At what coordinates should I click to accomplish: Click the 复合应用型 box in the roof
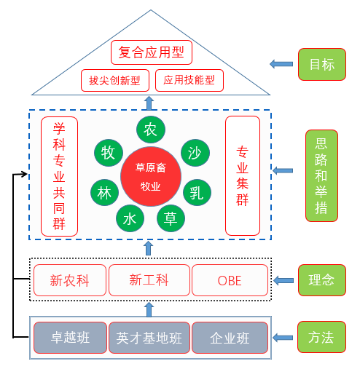(152, 52)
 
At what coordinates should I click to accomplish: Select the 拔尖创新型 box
(115, 81)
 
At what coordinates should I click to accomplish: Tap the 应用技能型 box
(189, 80)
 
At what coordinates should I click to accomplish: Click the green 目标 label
(322, 64)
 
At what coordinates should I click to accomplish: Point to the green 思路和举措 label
(321, 175)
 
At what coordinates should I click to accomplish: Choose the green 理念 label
(322, 280)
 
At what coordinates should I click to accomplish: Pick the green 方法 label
(321, 337)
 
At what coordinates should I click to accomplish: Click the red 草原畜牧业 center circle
(151, 177)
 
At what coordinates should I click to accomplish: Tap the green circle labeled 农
(151, 129)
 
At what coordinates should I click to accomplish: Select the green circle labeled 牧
(109, 153)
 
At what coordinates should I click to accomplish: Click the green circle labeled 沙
(195, 153)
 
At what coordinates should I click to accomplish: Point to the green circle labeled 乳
(197, 192)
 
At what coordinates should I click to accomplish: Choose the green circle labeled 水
(130, 218)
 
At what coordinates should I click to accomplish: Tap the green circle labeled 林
(104, 192)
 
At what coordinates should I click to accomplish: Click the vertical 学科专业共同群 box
(59, 176)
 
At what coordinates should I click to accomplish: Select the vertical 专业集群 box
(243, 176)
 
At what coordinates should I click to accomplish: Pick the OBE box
(230, 280)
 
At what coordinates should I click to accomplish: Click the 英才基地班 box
(149, 338)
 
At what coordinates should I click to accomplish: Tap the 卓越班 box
(70, 338)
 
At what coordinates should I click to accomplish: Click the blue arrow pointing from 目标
(281, 64)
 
